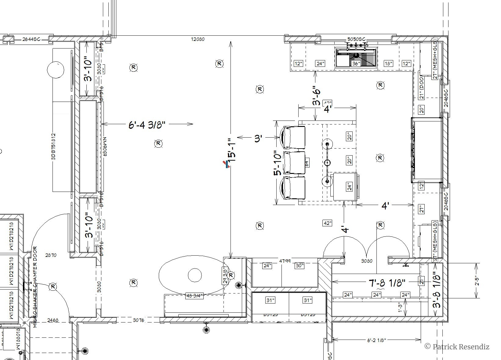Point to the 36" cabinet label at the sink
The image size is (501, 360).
pos(356,64)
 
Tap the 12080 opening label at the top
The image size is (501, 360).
pos(198,39)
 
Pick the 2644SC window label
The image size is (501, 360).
pos(31,39)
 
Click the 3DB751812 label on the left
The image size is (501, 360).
pos(53,146)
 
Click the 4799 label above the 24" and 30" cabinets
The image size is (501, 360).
pos(285,261)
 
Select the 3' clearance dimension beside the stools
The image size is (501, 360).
pos(258,138)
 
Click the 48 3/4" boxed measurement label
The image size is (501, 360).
pos(194,296)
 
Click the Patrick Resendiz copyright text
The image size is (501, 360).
pos(457,347)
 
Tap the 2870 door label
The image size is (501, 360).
pos(51,255)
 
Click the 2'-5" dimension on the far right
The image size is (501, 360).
pos(477,281)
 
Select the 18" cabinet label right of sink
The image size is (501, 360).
pos(388,64)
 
